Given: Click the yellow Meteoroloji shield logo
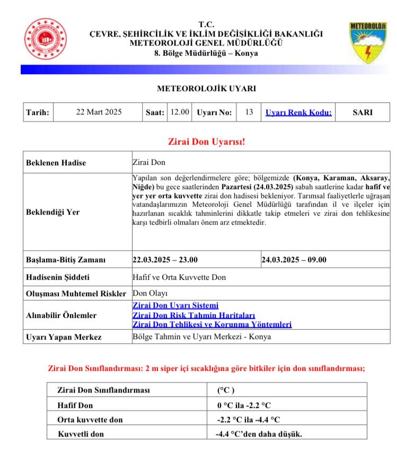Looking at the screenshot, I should [366, 42].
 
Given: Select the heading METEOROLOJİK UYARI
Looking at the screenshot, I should [206, 88].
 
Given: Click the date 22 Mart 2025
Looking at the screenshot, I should [99, 112].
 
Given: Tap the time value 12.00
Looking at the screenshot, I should [179, 112].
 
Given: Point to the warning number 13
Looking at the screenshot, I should [249, 112].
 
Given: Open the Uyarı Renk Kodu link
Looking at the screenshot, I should [298, 112].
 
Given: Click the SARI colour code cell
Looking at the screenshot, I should [363, 112].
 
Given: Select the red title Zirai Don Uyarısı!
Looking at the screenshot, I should [206, 142].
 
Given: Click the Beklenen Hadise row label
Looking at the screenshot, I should [56, 163].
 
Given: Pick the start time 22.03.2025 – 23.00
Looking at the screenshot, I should [165, 260].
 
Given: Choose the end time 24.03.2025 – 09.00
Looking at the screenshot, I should [294, 260].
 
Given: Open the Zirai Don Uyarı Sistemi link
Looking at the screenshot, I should [175, 306].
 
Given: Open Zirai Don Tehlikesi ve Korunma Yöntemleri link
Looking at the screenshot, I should [211, 324].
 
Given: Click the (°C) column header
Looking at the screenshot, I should [225, 390].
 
